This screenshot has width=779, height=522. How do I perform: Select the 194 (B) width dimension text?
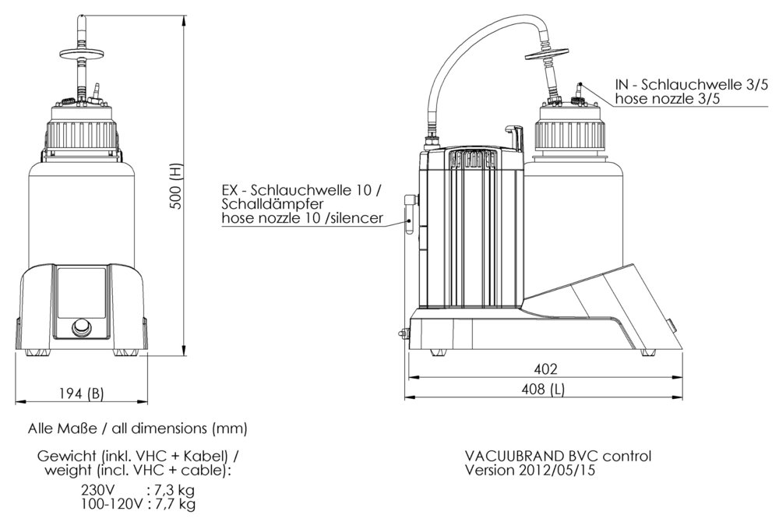pos(80,393)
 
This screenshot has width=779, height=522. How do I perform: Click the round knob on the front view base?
pos(80,326)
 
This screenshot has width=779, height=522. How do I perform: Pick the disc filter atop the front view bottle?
pos(80,52)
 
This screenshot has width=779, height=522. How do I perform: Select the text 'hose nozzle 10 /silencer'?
pos(301,219)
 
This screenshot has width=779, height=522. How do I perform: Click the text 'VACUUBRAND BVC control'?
pos(558,456)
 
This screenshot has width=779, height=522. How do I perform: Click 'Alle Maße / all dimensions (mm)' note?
pos(137,429)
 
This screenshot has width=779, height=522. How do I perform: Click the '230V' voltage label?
pos(99,491)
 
